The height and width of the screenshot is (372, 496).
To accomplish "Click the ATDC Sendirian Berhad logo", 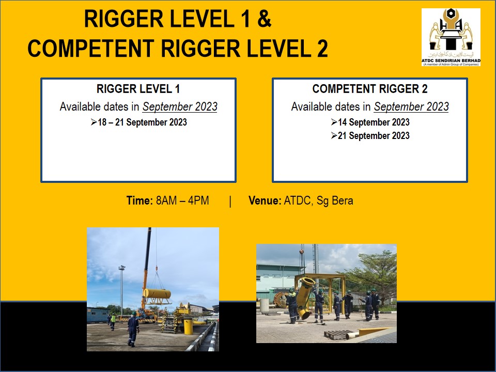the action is click(x=451, y=37).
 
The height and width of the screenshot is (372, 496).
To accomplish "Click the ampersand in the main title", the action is click(x=264, y=19).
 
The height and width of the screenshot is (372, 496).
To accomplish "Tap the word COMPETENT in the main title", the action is click(x=91, y=49).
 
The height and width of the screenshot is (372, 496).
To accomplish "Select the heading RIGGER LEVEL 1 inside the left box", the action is click(x=138, y=89).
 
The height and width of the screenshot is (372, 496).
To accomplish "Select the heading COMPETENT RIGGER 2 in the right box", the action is click(x=370, y=89).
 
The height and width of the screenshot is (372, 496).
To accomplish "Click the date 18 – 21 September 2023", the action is click(x=143, y=122).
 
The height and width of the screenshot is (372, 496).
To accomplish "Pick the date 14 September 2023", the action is click(x=374, y=122).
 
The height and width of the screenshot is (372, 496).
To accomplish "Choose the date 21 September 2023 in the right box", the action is click(x=374, y=136).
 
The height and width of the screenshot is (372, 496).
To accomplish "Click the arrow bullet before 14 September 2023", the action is click(x=334, y=122).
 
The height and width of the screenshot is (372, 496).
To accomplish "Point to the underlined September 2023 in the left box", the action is click(x=180, y=106).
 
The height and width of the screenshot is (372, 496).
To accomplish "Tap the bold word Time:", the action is click(x=140, y=200).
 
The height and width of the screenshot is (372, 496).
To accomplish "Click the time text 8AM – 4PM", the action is click(x=182, y=200).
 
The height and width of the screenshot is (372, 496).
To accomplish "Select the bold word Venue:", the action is click(x=265, y=200).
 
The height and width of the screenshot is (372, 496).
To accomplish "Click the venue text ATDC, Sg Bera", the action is click(x=319, y=201).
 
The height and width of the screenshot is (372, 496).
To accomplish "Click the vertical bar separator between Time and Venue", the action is click(x=230, y=201).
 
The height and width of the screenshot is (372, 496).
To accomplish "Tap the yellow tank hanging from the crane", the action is click(x=157, y=293).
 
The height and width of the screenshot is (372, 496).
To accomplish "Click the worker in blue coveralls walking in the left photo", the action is click(x=133, y=329).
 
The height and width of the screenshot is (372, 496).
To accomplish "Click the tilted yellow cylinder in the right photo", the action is click(x=306, y=298).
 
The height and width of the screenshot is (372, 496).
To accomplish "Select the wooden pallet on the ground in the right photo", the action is click(x=337, y=334).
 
